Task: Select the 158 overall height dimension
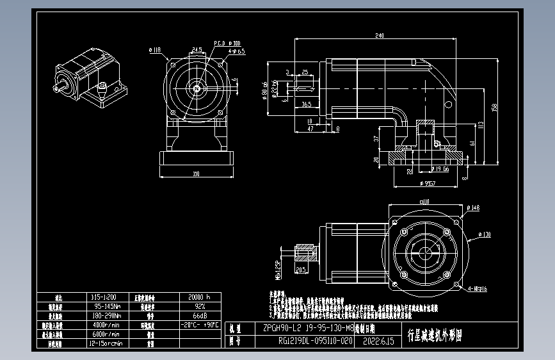[x=494, y=106]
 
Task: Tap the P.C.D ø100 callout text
[x=222, y=43]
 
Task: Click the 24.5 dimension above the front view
[x=196, y=49]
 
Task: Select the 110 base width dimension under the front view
[x=196, y=173]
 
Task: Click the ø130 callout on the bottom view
[x=486, y=234]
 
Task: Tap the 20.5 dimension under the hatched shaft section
[x=300, y=270]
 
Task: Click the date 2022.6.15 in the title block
[x=375, y=341]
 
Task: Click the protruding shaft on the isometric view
[x=61, y=83]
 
